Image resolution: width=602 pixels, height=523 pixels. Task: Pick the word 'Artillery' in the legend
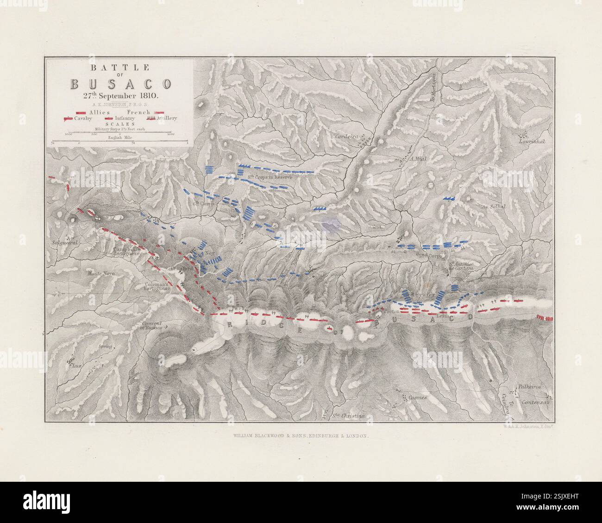[x=167, y=118]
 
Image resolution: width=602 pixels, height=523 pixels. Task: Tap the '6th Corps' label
[x=202, y=203]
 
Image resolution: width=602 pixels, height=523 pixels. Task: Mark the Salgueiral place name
[x=63, y=242]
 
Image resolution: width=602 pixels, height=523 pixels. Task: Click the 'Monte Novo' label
[x=101, y=274]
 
